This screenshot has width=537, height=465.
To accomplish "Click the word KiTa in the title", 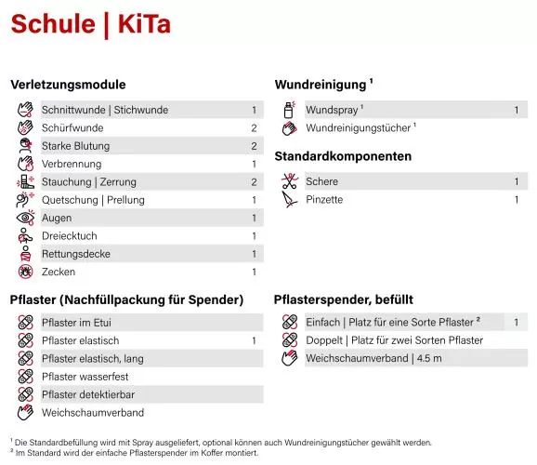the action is click(x=144, y=25).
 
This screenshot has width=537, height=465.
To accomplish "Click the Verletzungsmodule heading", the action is click(x=68, y=85).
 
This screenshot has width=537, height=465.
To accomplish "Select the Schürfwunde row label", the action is click(x=72, y=128).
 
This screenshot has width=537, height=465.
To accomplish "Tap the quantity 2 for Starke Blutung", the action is click(x=254, y=146).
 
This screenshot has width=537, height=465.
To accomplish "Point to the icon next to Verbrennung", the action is click(x=26, y=164).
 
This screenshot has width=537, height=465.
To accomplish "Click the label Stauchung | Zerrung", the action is click(x=89, y=182).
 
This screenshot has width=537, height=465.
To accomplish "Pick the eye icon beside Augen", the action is click(x=26, y=218).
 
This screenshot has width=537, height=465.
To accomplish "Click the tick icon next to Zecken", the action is click(x=26, y=272).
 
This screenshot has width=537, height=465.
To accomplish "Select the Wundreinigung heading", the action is click(x=321, y=85).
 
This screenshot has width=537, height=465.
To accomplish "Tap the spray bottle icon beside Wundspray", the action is click(x=289, y=110).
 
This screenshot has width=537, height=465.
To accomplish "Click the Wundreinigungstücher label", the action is click(x=359, y=127).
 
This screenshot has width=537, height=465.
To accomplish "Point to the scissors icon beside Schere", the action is click(x=289, y=181).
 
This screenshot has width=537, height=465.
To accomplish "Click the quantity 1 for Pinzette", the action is click(x=517, y=200).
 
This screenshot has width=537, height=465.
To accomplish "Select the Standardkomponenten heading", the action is click(x=343, y=156).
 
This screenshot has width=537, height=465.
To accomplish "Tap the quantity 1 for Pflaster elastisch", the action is click(x=254, y=341).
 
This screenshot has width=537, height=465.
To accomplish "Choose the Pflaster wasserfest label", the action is click(x=85, y=377).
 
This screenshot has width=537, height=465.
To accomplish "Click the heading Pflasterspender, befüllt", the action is click(x=344, y=299).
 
